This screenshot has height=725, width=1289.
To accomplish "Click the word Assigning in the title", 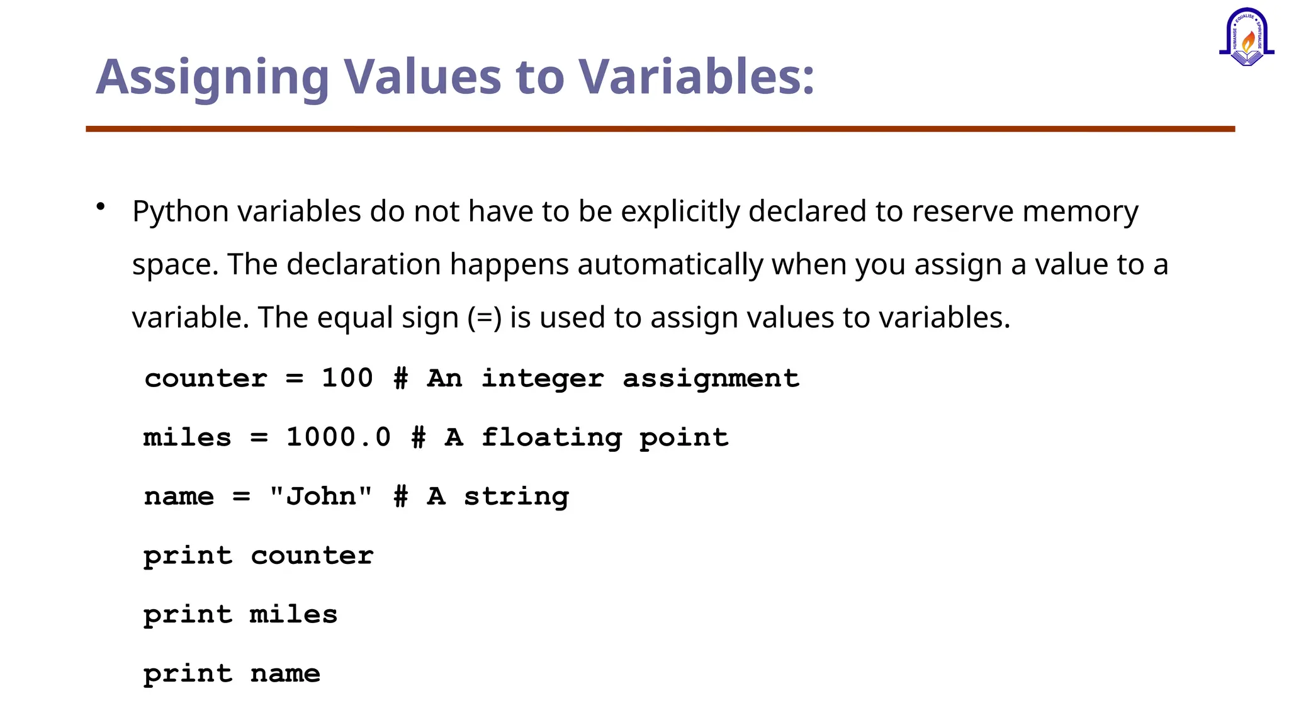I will (x=212, y=77).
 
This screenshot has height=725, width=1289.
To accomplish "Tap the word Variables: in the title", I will (x=696, y=77).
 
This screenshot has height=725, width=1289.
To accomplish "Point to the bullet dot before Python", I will (x=101, y=206).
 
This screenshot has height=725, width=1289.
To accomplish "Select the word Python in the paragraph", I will (x=181, y=211).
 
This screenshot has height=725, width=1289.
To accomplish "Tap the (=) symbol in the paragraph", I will (x=485, y=317).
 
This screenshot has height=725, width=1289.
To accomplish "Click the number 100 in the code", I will (x=347, y=378).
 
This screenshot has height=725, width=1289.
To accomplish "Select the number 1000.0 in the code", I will (x=339, y=437).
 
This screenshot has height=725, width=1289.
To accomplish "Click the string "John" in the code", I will (x=321, y=496).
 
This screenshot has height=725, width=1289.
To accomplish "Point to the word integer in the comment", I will (x=543, y=378).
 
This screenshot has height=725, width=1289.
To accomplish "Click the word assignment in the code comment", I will (x=711, y=378).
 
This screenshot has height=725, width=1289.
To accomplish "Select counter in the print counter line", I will (x=312, y=556).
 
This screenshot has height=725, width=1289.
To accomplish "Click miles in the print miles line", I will (x=293, y=614).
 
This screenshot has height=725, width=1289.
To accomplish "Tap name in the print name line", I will (x=285, y=673).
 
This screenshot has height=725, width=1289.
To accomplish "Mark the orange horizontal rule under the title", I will (x=660, y=129).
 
